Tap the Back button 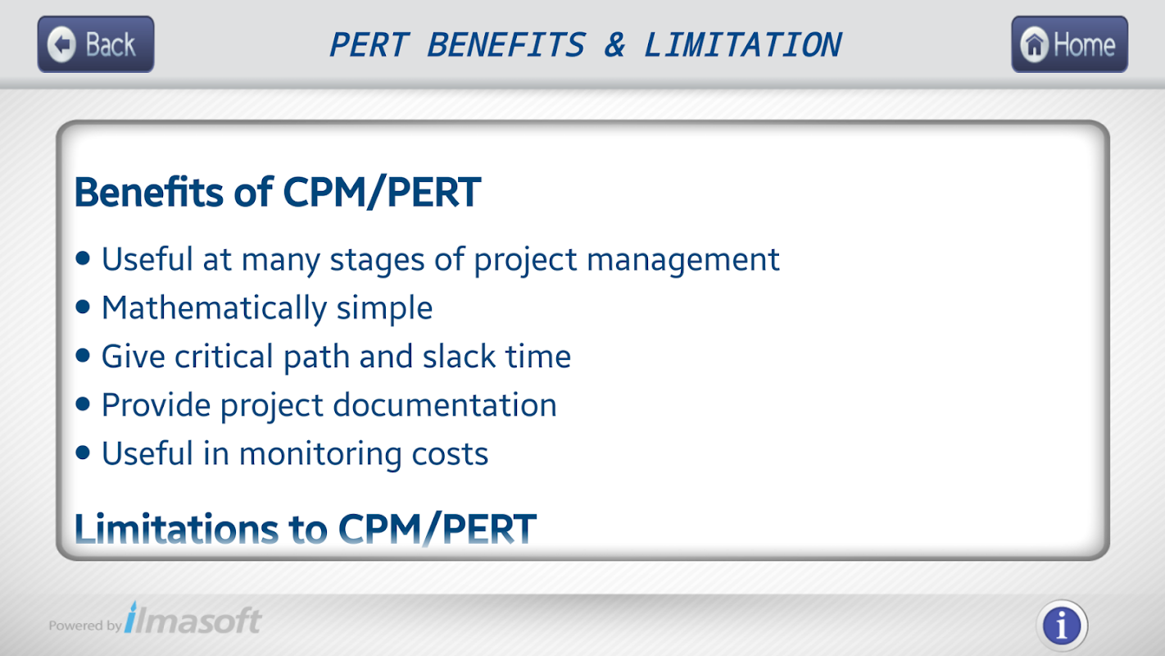(96, 44)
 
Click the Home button (1069, 44)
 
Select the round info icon (1062, 625)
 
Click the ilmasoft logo (193, 618)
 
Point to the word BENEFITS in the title (506, 45)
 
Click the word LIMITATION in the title (742, 45)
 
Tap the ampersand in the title (614, 45)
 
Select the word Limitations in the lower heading (176, 528)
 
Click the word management (683, 260)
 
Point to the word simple (384, 308)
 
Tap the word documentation (445, 405)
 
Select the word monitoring (320, 454)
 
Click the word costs (450, 454)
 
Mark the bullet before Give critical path (83, 356)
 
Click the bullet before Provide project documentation (83, 404)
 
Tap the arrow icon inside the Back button (62, 44)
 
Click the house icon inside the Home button (1035, 45)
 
